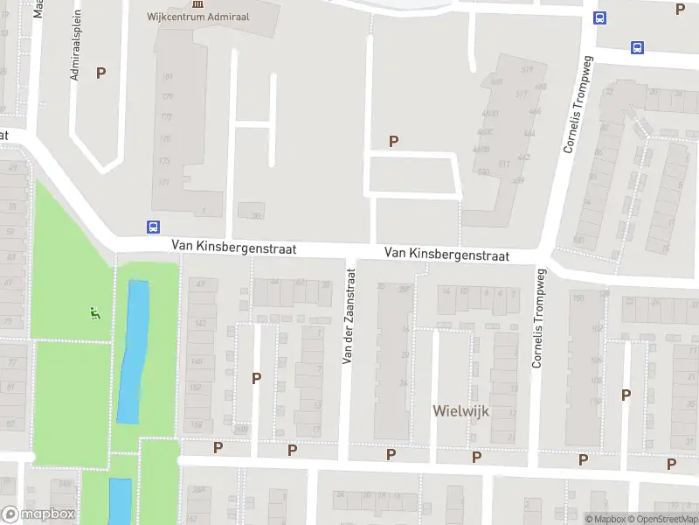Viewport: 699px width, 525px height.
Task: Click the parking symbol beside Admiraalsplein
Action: (x=100, y=73)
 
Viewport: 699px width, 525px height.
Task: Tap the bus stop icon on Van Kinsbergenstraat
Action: (x=153, y=227)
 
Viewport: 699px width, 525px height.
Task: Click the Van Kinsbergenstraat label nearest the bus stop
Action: (x=233, y=248)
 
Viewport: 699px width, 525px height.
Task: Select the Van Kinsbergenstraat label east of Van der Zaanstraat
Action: (x=446, y=254)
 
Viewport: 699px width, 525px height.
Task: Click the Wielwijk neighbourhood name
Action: (x=460, y=409)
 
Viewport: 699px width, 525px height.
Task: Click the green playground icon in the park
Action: (x=95, y=312)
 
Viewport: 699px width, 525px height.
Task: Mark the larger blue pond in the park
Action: (x=133, y=350)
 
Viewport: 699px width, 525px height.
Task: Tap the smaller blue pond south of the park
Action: (x=120, y=500)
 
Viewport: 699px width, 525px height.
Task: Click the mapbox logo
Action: (x=38, y=514)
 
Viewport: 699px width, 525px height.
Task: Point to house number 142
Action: (x=200, y=324)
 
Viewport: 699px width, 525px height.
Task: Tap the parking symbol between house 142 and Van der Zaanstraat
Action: (x=257, y=378)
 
